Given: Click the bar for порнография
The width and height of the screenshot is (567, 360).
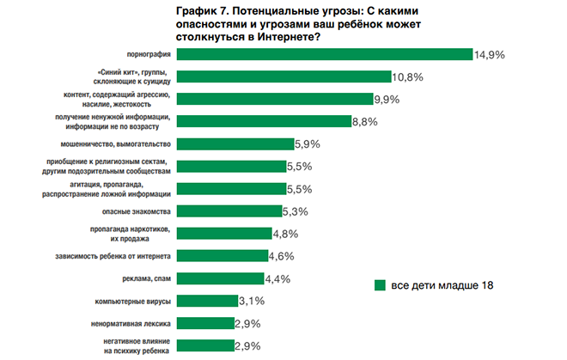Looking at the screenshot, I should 327,54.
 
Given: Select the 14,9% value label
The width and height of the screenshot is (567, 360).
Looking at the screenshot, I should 490,54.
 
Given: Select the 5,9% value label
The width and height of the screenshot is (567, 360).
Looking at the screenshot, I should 308,143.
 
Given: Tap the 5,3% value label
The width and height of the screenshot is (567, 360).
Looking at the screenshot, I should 296,211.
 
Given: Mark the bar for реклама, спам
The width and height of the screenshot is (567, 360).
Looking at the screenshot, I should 223,278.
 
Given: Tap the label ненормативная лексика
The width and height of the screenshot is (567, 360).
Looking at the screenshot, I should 131,323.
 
